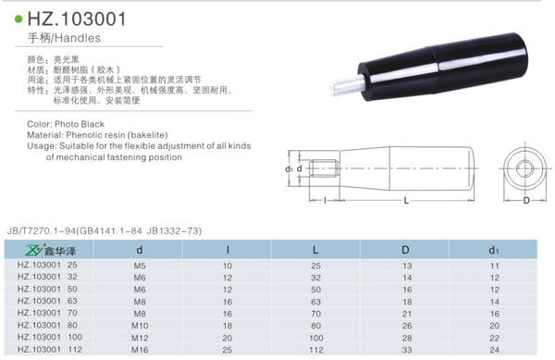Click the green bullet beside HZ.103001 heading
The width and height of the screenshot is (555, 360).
18,19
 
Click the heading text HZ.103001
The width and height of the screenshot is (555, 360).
77,19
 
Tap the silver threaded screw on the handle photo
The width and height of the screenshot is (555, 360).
344,85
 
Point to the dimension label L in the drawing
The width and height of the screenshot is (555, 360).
406,201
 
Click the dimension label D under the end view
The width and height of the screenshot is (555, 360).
526,201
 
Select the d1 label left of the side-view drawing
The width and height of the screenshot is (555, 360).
290,168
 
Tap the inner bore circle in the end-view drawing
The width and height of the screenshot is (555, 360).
524,168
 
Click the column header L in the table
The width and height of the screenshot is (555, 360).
315,250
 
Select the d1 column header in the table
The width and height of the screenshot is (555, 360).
494,250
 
